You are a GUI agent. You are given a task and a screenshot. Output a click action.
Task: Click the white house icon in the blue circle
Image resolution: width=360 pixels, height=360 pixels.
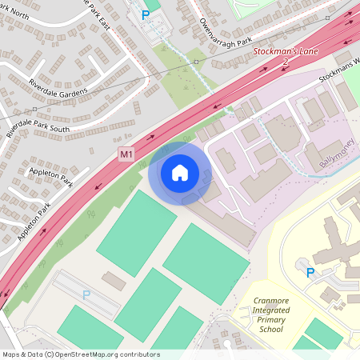coord(179,172)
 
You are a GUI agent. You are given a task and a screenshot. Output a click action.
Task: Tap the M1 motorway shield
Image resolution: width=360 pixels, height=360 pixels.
coord(126,153)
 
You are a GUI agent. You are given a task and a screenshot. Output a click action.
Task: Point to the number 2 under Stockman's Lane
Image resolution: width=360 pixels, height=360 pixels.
coord(285,62)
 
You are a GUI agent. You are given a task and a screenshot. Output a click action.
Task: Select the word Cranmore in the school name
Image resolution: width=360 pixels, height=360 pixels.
coord(272,301)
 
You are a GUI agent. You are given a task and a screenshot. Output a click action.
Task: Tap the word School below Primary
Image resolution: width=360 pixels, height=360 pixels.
coord(272,330)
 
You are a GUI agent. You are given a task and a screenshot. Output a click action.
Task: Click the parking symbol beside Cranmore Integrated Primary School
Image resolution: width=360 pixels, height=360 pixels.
coord(310,274)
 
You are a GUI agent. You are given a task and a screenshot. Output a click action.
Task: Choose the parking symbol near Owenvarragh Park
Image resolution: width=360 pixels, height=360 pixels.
coord(145,14)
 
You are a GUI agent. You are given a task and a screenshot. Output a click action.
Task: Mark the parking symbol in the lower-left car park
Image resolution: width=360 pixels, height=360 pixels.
coord(86,294)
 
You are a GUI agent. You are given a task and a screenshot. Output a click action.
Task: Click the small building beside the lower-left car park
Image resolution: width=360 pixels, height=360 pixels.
coord(114,281)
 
